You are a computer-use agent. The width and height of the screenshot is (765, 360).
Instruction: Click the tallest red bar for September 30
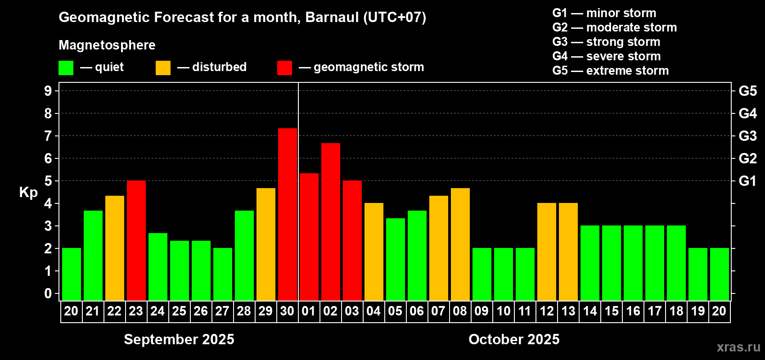tap(288, 214)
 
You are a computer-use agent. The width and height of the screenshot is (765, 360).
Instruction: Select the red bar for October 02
tap(331, 222)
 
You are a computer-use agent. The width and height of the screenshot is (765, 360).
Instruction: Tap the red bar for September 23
tap(136, 240)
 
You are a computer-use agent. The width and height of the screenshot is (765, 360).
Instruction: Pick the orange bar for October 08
tap(460, 244)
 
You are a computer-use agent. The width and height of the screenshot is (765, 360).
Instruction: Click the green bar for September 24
tap(158, 267)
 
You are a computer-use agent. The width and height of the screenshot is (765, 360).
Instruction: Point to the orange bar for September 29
tap(265, 244)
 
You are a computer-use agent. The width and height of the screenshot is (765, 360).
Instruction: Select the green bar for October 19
tap(697, 274)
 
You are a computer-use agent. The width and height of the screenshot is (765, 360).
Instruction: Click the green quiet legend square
tap(66, 67)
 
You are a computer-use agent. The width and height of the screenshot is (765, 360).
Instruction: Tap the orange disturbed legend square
tap(163, 67)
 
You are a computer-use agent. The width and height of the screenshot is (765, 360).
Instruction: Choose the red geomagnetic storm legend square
tap(284, 67)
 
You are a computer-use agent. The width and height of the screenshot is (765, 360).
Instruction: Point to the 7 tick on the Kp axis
tap(48, 136)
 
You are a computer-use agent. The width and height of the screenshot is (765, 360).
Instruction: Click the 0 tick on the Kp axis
tap(48, 293)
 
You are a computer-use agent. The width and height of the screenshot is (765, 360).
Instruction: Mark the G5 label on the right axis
tap(747, 91)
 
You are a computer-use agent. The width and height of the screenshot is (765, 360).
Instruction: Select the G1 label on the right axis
tap(747, 181)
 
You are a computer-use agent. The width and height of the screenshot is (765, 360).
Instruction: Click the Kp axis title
tap(28, 193)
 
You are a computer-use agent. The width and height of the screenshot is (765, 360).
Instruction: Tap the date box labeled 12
tap(547, 311)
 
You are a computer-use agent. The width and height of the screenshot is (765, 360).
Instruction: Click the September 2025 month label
tap(179, 339)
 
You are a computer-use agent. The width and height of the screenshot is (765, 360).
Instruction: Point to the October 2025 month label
tap(514, 339)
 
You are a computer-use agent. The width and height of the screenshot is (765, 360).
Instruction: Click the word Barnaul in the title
tap(332, 17)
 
